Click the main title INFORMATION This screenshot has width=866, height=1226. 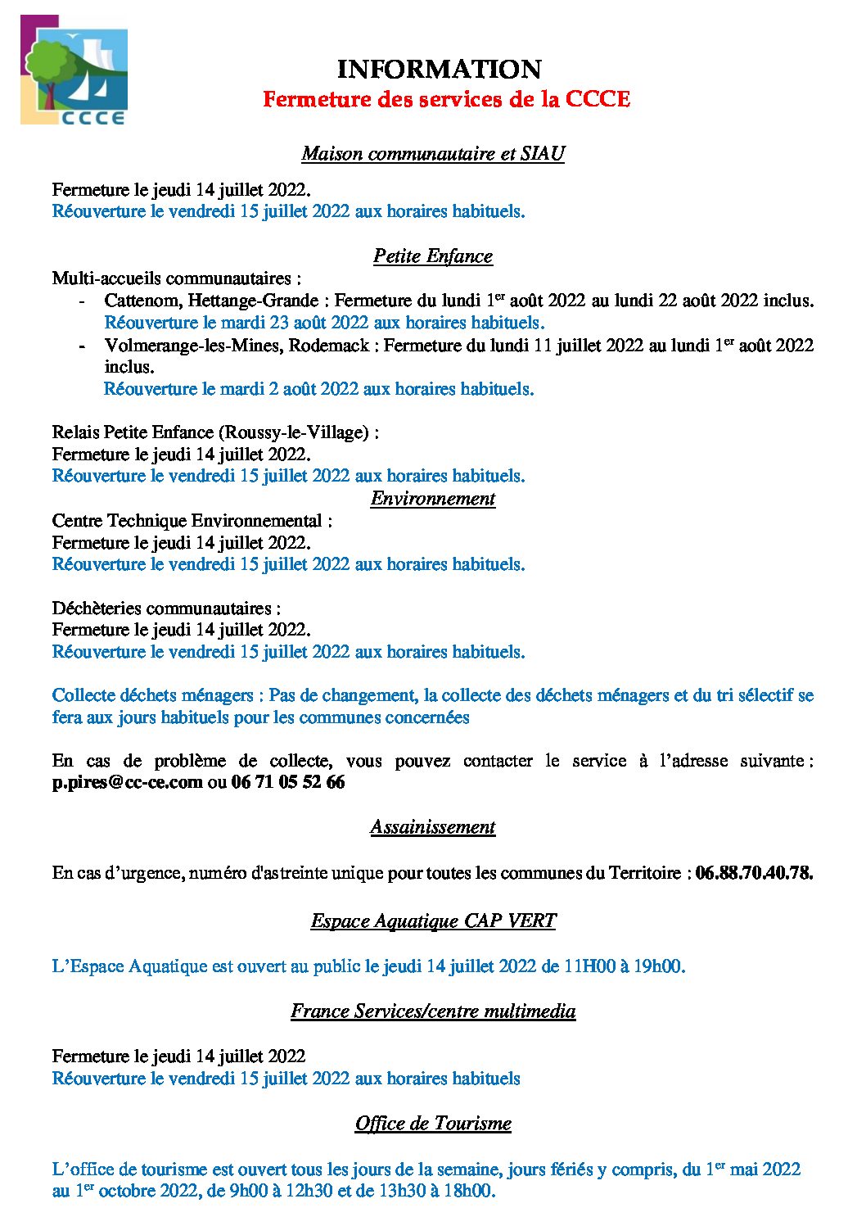[x=439, y=70]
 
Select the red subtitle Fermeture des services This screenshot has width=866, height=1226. [x=446, y=99]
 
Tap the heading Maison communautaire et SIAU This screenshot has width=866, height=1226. [x=433, y=153]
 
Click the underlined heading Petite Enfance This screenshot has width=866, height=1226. [x=433, y=256]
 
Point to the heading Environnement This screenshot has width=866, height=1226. [x=433, y=499]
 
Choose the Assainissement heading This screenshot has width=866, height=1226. [x=433, y=827]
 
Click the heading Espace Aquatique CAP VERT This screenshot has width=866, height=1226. [x=433, y=921]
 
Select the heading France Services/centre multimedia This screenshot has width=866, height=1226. [x=433, y=1011]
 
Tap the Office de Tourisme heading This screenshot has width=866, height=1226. [x=433, y=1124]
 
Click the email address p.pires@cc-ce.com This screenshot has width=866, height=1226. [x=127, y=782]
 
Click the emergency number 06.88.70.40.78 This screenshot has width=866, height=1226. [x=754, y=873]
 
